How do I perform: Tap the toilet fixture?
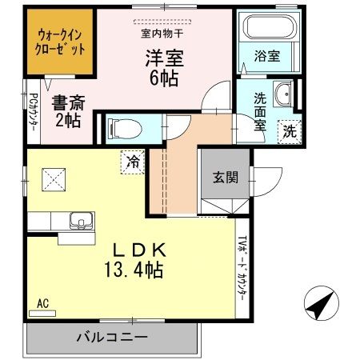[x=125, y=130]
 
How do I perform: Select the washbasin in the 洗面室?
[x=283, y=94]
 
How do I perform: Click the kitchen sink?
[x=82, y=221]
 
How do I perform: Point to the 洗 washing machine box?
[x=290, y=132]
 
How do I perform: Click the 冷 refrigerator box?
[x=132, y=162]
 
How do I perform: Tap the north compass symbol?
[x=322, y=303]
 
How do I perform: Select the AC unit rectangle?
[x=42, y=314]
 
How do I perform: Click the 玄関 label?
[x=226, y=177]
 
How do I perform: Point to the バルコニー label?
[x=112, y=338]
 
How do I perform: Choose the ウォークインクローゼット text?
[x=60, y=42]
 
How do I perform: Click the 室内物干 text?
[x=162, y=34]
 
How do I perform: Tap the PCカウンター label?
[x=33, y=112]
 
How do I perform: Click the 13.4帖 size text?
[x=134, y=270]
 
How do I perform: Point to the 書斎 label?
[x=68, y=102]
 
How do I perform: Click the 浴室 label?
[x=267, y=56]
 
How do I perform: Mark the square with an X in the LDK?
[x=54, y=179]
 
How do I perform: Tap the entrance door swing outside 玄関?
[x=266, y=182]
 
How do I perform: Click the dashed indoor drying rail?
[x=162, y=22]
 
